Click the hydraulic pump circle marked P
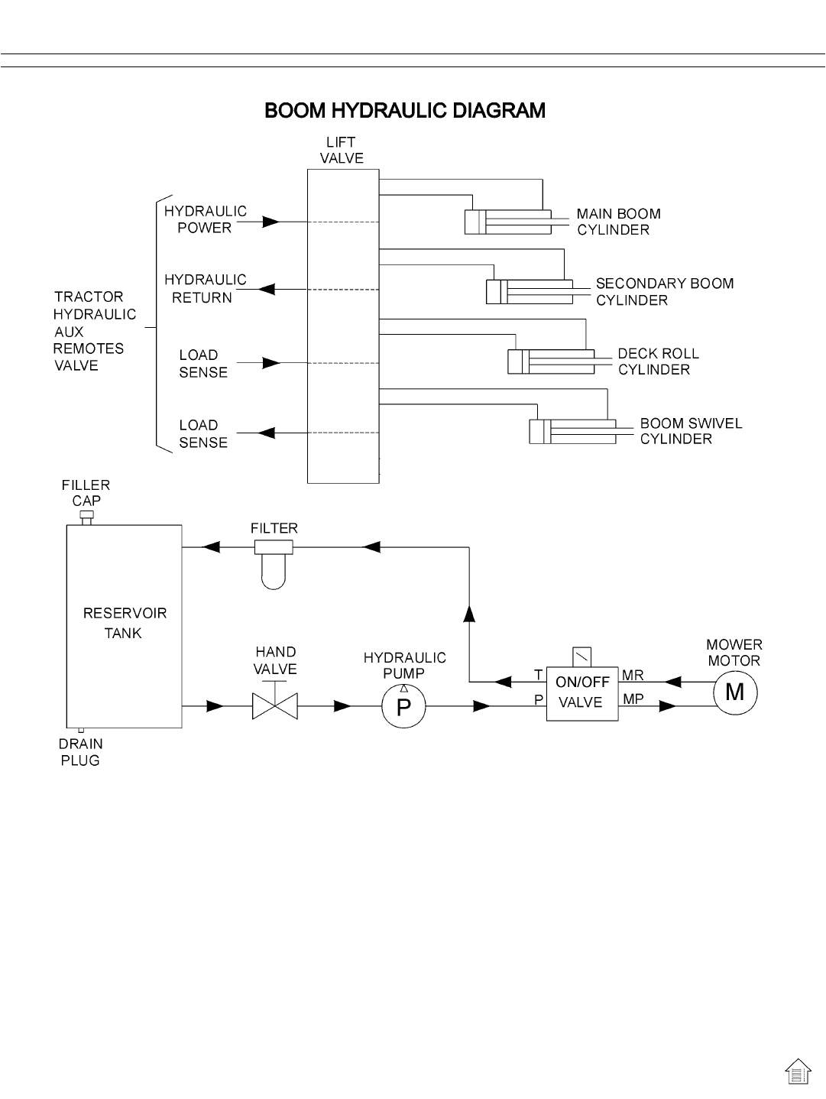pyautogui.click(x=403, y=707)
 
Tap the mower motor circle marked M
pyautogui.click(x=734, y=692)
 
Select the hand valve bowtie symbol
pyautogui.click(x=275, y=706)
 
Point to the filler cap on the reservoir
pyautogui.click(x=86, y=518)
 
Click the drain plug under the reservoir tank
pyautogui.click(x=81, y=731)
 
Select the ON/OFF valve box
pyautogui.click(x=581, y=692)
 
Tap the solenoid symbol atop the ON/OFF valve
pyautogui.click(x=581, y=656)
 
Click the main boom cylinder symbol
pyautogui.click(x=507, y=222)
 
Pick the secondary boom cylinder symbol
pyautogui.click(x=529, y=292)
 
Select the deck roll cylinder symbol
pyautogui.click(x=550, y=361)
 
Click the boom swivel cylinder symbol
pyautogui.click(x=572, y=431)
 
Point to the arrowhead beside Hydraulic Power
pyautogui.click(x=270, y=222)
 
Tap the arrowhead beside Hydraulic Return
pyautogui.click(x=267, y=290)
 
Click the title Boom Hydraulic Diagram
pyautogui.click(x=405, y=111)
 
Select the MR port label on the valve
pyautogui.click(x=633, y=676)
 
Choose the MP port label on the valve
pyautogui.click(x=633, y=699)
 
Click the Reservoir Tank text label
pyautogui.click(x=124, y=623)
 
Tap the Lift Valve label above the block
pyautogui.click(x=341, y=151)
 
